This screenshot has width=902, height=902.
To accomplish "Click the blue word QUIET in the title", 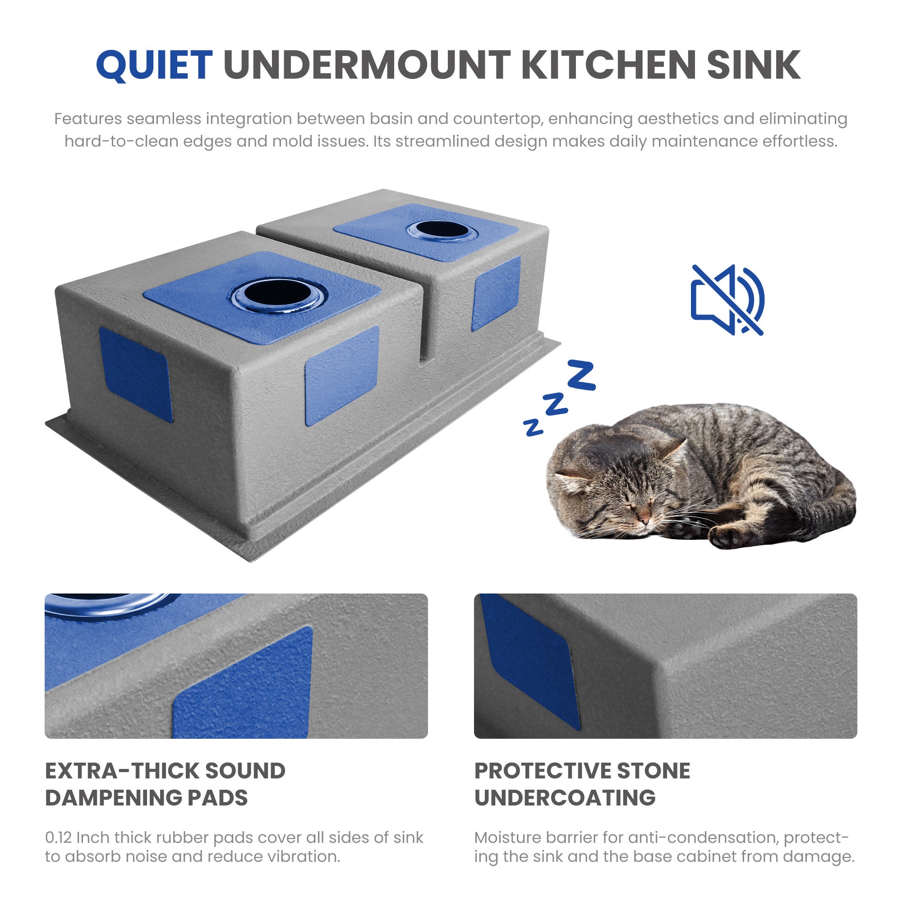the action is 155,65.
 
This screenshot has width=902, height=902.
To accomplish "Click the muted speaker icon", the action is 727,299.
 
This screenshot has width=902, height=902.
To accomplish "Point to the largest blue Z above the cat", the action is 581,375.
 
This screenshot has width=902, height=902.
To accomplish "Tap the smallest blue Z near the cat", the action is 533,427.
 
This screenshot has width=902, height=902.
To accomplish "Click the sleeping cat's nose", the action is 645,519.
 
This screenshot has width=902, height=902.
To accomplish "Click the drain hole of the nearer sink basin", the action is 278,293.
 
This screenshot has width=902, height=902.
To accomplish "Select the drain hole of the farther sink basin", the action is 442,230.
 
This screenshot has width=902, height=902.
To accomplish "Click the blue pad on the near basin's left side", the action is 136,374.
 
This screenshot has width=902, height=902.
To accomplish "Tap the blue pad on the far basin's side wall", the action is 496,293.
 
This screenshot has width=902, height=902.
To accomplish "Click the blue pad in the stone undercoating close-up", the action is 530,660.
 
